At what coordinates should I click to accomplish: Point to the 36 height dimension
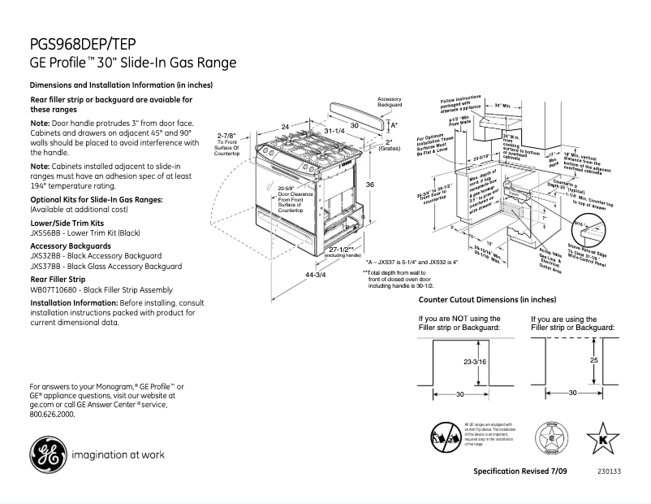point(370,185)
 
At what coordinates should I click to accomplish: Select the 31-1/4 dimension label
point(334,131)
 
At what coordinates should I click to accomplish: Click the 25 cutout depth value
point(594,358)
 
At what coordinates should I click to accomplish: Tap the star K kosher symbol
point(601,438)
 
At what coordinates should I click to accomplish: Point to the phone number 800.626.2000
point(52,414)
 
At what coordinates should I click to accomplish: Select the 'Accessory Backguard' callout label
point(390,102)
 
